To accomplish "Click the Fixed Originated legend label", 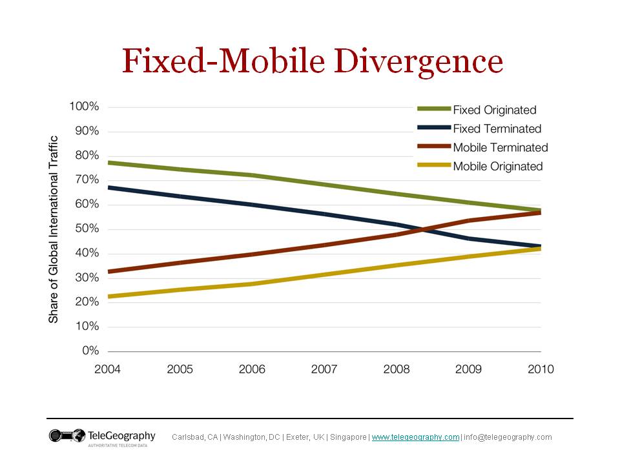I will tap(495, 110).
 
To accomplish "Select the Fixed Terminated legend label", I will tap(497, 129).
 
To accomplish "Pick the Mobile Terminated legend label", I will tap(500, 147).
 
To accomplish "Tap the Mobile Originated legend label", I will tap(497, 166).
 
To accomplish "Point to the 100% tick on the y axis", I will tap(85, 107).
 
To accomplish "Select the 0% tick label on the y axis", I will tap(90, 351).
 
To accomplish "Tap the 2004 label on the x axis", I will tap(108, 369).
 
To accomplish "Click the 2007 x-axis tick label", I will tap(324, 369).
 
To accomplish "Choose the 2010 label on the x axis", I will tap(541, 369).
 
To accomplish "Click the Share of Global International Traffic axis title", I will tap(54, 229).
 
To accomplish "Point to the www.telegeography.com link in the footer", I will tap(415, 437).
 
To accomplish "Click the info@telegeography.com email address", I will tap(508, 437).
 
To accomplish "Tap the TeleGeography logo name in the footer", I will tap(122, 435).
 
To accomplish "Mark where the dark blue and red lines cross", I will tap(420, 229).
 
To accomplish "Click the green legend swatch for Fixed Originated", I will tap(433, 110).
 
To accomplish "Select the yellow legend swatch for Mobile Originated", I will tap(433, 166).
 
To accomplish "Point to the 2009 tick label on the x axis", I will tap(468, 369).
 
